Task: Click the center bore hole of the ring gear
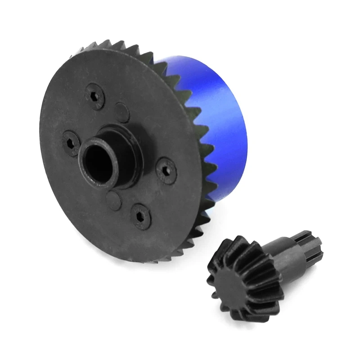99,162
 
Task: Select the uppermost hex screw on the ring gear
96,96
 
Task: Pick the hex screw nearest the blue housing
166,170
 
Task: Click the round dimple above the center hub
122,111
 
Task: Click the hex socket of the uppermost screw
96,96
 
